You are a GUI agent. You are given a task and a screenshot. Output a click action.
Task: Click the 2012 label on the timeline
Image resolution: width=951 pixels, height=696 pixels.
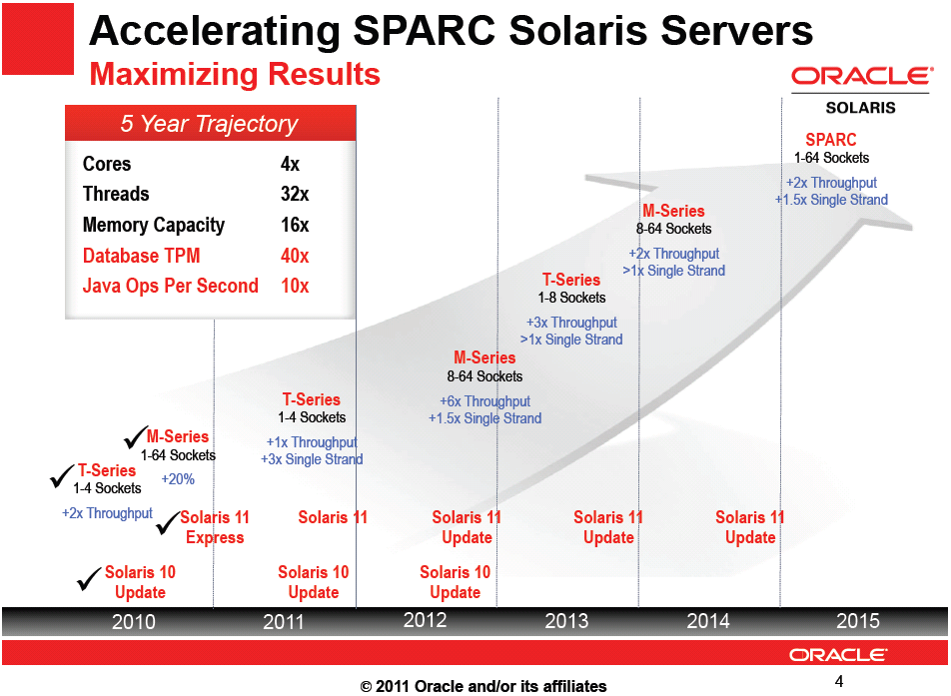coord(425,620)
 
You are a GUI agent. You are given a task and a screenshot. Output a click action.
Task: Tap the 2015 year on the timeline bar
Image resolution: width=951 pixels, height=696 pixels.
coord(857,621)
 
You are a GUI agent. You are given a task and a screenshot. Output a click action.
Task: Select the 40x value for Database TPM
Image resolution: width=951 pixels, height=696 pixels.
coord(295,256)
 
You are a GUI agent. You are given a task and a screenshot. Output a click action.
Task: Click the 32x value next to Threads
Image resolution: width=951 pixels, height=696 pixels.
coord(295,194)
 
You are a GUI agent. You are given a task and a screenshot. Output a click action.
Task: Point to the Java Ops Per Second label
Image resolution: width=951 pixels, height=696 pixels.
coord(170,286)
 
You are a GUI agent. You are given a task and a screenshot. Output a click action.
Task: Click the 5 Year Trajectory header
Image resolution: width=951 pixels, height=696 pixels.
coord(210,124)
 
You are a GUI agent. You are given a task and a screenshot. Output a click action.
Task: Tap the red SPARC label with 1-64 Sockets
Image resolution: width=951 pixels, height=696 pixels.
coord(831,140)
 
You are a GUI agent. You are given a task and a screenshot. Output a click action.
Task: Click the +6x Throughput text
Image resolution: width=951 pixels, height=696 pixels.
coord(485,401)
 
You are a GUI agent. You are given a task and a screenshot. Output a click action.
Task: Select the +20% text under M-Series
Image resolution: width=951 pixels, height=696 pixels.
coord(178,479)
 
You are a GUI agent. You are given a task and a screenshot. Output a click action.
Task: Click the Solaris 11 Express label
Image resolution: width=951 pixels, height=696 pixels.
coord(215,527)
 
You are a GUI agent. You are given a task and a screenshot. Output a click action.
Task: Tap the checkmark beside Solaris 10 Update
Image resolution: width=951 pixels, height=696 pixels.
coord(90,576)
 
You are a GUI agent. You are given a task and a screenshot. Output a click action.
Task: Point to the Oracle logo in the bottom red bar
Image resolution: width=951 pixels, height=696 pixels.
coord(837,655)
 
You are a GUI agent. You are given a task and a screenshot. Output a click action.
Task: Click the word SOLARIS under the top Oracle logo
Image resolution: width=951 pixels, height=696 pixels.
coord(860,107)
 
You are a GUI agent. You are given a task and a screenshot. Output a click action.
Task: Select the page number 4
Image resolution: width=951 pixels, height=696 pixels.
coord(839,681)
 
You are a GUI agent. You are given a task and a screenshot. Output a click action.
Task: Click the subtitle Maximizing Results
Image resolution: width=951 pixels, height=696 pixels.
coord(235,75)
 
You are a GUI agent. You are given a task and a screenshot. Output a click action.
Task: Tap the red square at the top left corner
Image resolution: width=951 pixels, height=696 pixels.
coord(38,38)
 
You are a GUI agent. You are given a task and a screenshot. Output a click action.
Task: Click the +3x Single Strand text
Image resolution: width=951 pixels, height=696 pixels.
coord(312,459)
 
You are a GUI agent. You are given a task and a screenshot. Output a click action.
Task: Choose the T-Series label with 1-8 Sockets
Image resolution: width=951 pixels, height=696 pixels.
coord(571,280)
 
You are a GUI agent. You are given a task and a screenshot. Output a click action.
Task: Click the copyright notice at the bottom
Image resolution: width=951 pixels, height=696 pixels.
coord(483,686)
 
